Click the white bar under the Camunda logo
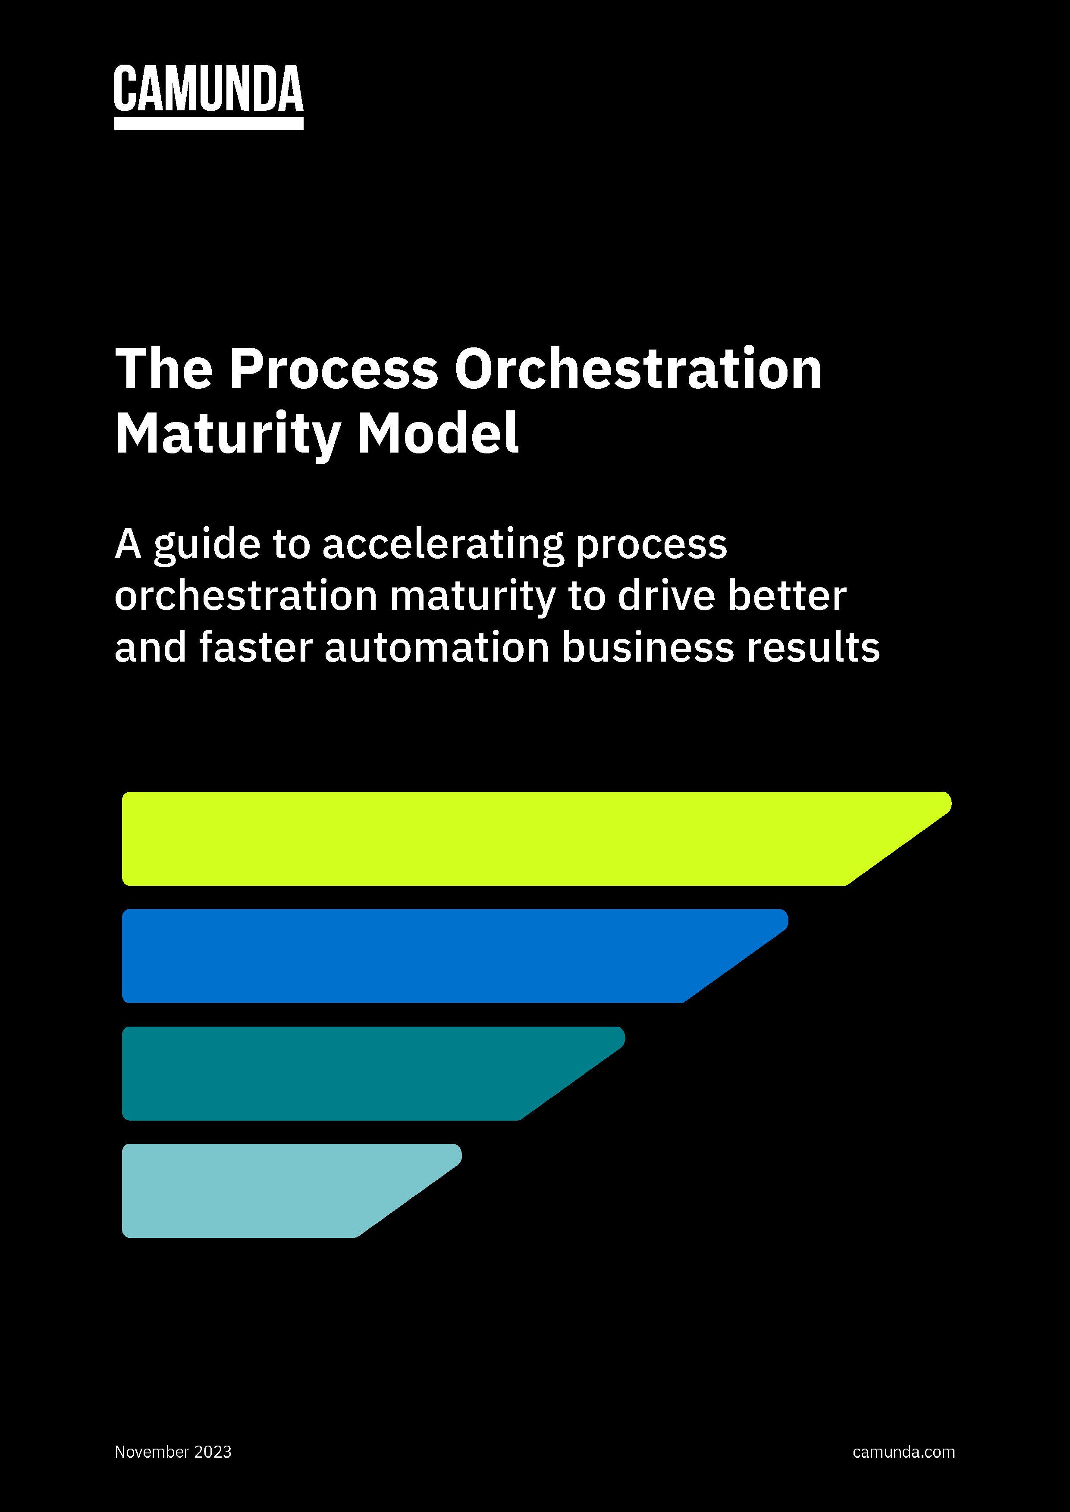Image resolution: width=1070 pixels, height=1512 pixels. pyautogui.click(x=208, y=123)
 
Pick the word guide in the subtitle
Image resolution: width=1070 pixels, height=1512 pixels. pyautogui.click(x=207, y=545)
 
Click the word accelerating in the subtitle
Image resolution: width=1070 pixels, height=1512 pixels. pyautogui.click(x=443, y=545)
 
